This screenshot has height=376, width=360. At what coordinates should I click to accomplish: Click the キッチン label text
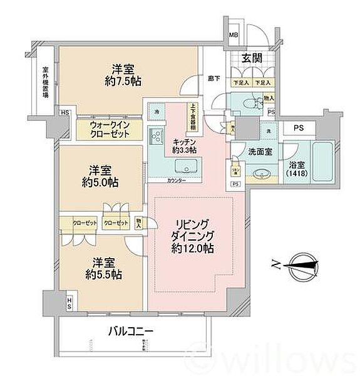pos(185,145)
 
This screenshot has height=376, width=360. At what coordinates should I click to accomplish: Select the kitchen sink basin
pos(187,167)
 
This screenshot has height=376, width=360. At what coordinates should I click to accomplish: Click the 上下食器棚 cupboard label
pos(193,117)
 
